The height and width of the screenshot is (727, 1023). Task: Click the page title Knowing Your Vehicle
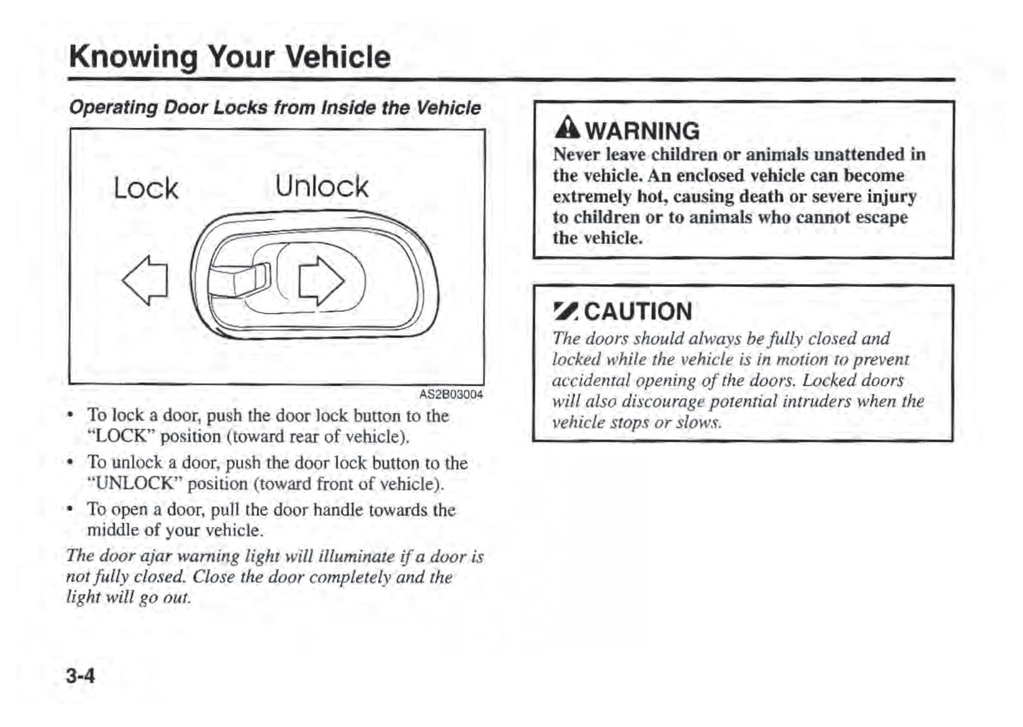coord(229,57)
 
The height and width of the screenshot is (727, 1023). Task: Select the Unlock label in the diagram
coord(321,187)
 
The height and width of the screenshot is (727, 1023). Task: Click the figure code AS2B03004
coord(451,395)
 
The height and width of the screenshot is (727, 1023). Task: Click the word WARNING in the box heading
coord(643,131)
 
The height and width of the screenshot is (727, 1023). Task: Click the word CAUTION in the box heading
coord(638,312)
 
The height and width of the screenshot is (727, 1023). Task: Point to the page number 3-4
coord(80,676)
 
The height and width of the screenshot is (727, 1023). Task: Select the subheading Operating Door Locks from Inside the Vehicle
coord(274,108)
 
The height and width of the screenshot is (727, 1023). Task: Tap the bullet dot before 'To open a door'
coord(70,510)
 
